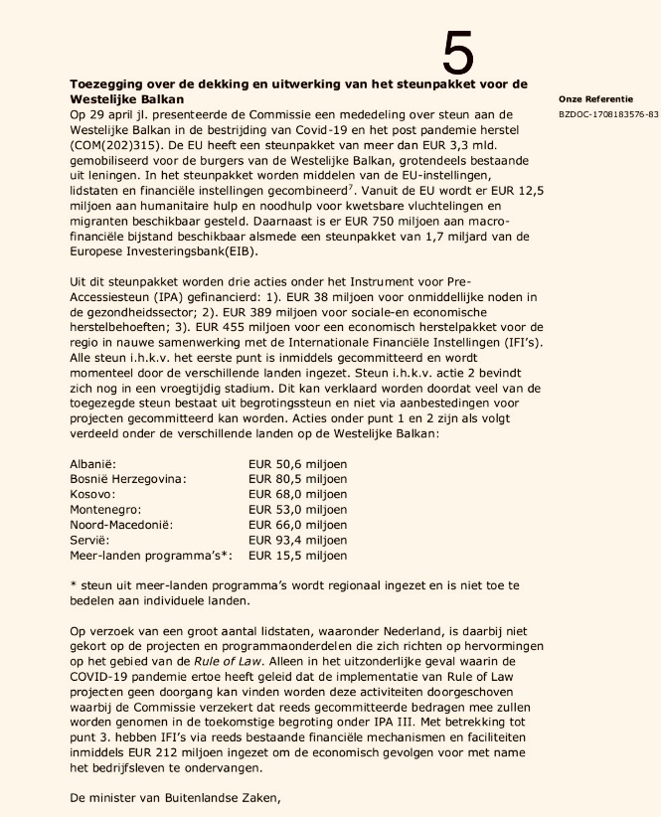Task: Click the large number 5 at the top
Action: click(x=458, y=51)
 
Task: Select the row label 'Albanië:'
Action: click(x=94, y=464)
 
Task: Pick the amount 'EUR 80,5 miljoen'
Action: click(x=297, y=479)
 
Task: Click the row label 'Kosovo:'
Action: click(x=92, y=494)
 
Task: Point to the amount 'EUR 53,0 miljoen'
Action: click(x=297, y=510)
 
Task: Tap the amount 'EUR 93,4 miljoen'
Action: click(x=297, y=540)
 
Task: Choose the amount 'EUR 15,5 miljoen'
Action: click(x=297, y=556)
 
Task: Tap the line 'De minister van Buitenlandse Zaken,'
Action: click(x=183, y=798)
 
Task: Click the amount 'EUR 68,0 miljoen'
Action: click(x=297, y=494)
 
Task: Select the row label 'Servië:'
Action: click(x=90, y=540)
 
